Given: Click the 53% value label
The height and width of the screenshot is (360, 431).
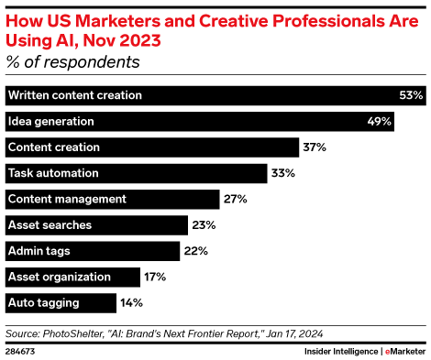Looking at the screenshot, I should (411, 95).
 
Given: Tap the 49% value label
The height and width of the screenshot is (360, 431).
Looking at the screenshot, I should (381, 121).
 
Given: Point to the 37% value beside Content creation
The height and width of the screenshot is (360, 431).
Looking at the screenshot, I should (315, 147).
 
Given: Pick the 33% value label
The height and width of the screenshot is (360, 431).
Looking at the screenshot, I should (282, 172).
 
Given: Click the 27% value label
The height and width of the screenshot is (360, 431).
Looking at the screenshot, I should (236, 199).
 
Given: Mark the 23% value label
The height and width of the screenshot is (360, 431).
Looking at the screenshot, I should (204, 224).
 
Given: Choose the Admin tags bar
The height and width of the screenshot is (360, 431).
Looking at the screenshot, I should (92, 250).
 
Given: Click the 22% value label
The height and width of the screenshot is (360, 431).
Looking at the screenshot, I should (195, 250).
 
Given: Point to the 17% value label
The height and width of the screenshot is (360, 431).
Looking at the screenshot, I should (155, 276).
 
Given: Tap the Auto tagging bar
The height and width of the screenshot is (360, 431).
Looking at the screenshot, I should (61, 302).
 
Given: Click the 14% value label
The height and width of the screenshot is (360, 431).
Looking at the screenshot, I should (132, 302).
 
